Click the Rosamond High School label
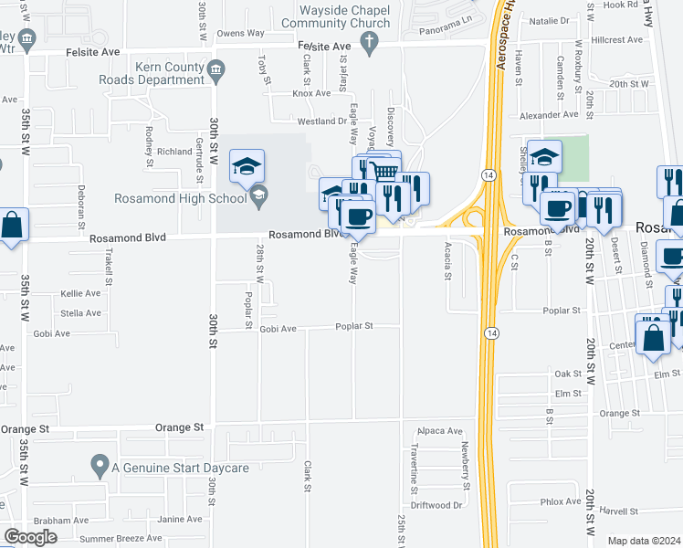(x=181, y=198)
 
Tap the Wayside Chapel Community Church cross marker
(x=369, y=41)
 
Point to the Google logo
(x=31, y=536)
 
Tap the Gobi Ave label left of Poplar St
(x=278, y=329)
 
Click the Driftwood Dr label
(x=436, y=504)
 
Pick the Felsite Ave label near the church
(x=324, y=46)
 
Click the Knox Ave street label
(x=311, y=93)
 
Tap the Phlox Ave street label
(x=560, y=501)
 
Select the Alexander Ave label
(x=549, y=115)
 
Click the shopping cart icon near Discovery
(x=386, y=170)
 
